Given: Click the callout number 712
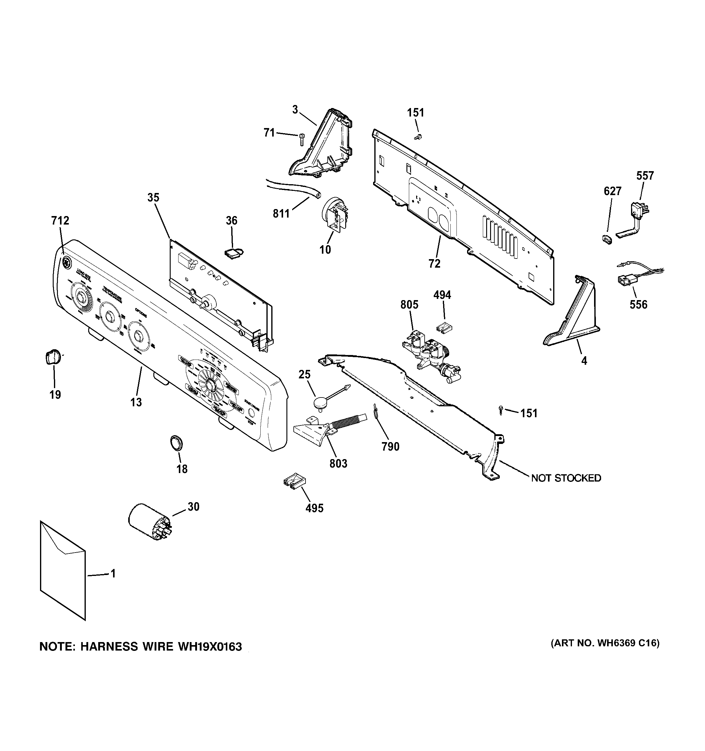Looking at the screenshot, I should click(60, 221).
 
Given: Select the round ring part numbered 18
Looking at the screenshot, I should click(176, 442).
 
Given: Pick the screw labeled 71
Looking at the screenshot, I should click(302, 139).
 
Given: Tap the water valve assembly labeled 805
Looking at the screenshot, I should click(430, 353).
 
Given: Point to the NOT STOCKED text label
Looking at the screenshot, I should click(566, 478).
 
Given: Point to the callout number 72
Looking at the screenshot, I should click(434, 264).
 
